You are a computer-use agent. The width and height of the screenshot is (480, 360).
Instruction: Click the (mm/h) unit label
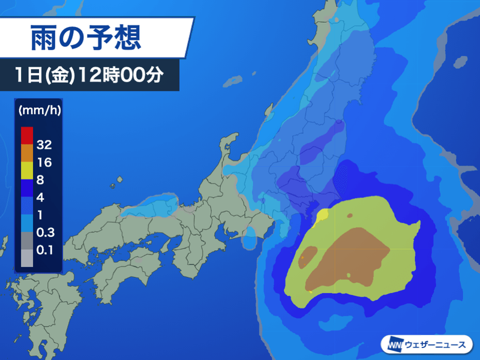pyautogui.click(x=38, y=110)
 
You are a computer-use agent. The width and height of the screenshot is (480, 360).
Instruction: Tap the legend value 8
pyautogui.click(x=41, y=179)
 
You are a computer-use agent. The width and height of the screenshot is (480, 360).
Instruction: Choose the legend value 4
pyautogui.click(x=41, y=196)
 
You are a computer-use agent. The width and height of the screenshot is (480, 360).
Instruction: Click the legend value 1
pyautogui.click(x=40, y=214)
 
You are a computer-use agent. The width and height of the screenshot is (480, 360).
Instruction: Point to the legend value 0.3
pyautogui.click(x=44, y=232)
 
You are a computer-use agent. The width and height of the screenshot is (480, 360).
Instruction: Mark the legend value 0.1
pyautogui.click(x=44, y=249)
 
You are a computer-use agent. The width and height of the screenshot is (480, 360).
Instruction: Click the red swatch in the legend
pyautogui.click(x=26, y=135)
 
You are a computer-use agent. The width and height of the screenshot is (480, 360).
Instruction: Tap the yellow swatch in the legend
pyautogui.click(x=26, y=170)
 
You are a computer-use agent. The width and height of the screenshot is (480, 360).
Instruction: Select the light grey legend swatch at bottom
pyautogui.click(x=26, y=257)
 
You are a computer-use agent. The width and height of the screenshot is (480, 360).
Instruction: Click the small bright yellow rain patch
pyautogui.click(x=322, y=215)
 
